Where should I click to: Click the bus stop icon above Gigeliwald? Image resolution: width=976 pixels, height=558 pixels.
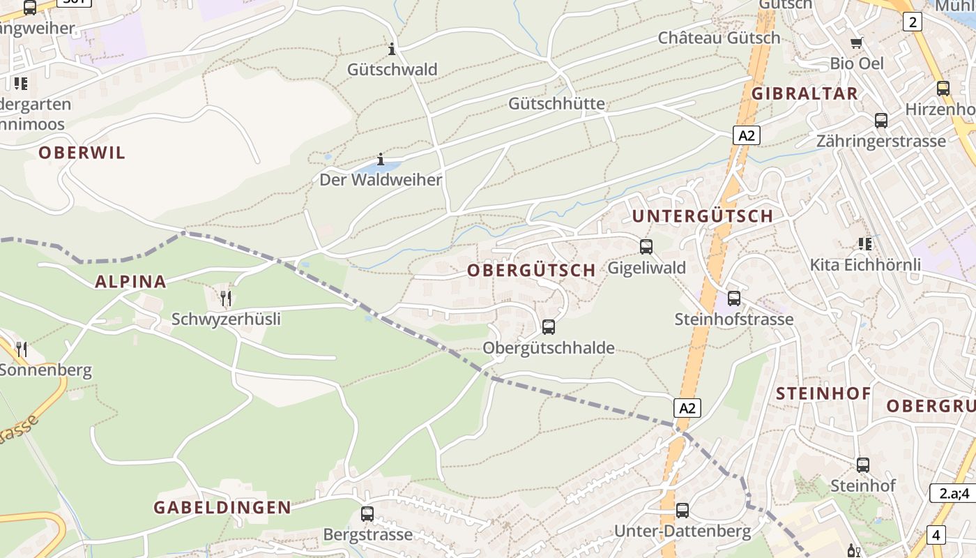646,246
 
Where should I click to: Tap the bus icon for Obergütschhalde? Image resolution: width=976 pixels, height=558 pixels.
549,326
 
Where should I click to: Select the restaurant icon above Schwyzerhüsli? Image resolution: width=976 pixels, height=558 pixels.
225,299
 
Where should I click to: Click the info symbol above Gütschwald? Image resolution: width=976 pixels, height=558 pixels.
392,49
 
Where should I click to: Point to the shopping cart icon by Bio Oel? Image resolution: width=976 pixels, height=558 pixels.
857,43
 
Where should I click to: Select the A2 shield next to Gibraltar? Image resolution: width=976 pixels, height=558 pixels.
746,135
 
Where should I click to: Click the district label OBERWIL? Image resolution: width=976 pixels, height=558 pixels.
82,153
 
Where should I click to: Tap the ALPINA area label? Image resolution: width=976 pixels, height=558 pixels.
130,282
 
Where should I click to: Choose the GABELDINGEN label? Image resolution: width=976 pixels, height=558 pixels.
222,507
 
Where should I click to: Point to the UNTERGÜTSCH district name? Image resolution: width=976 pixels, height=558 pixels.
703,216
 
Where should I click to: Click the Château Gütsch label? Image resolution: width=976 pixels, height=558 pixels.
719,38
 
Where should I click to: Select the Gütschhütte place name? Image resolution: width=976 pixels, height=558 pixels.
556,104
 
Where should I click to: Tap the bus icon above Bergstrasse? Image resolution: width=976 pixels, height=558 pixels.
367,514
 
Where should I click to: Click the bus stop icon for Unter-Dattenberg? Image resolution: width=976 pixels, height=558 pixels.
683,511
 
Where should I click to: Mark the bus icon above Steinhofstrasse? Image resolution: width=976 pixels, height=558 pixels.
734,299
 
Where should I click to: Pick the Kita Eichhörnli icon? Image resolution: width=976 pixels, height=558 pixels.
865,243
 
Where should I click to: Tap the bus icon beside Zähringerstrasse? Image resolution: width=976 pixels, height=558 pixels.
881,121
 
